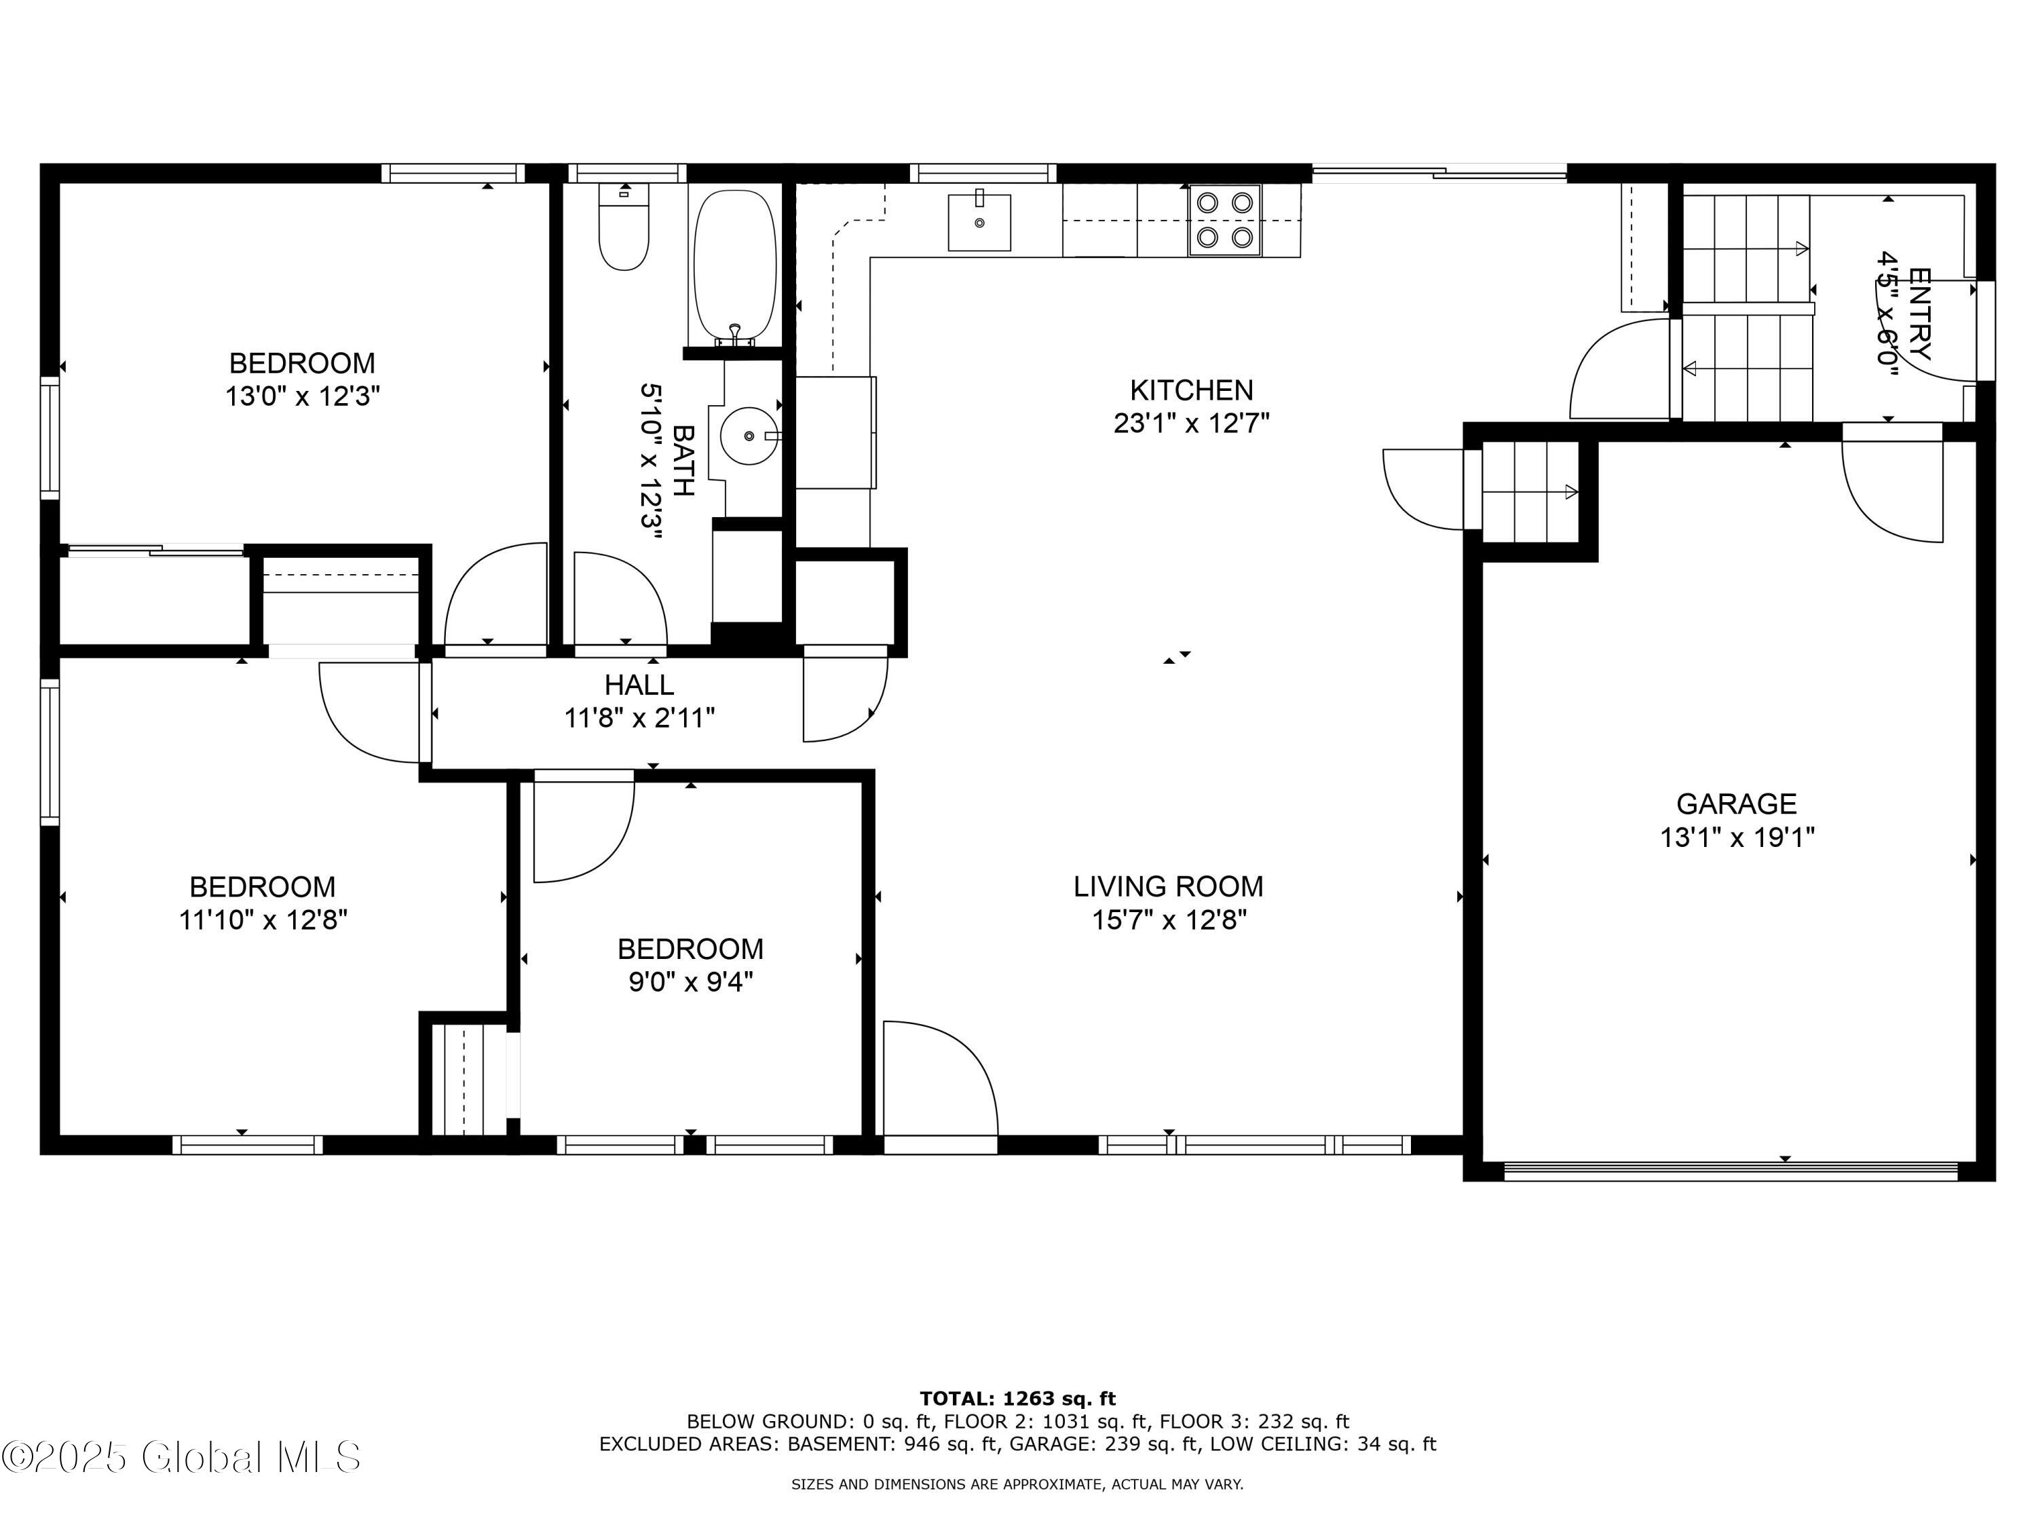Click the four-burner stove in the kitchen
[x=1224, y=220]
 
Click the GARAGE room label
[x=1736, y=804]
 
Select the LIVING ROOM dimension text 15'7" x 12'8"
[x=1168, y=920]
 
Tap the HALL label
[x=639, y=685]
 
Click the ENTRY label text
[x=1919, y=313]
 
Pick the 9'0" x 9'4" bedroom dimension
[x=690, y=982]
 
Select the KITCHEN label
[x=1191, y=390]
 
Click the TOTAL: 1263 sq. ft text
[x=1017, y=1399]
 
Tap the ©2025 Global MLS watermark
[x=181, y=1457]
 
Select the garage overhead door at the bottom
[x=1731, y=1171]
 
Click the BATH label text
[x=682, y=460]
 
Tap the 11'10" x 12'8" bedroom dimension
[x=263, y=920]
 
